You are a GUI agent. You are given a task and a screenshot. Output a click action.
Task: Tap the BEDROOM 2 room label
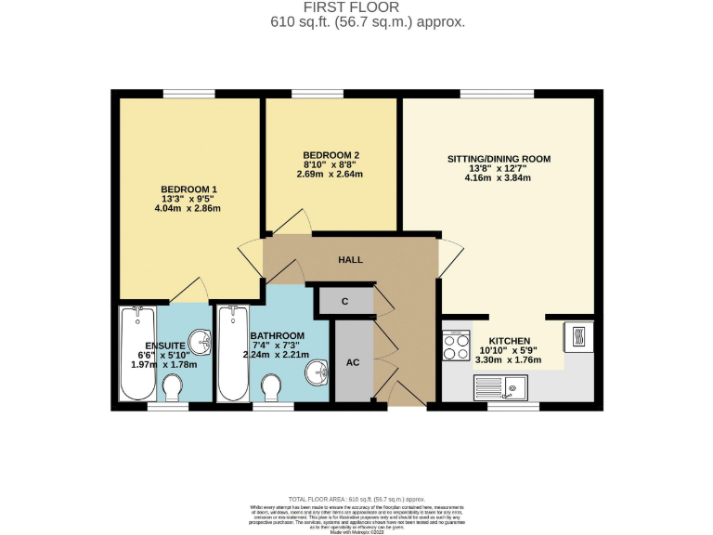pos(331,155)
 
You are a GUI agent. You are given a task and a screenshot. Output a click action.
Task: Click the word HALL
pos(350,260)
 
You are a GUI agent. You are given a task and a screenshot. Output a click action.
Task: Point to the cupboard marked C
pos(344,301)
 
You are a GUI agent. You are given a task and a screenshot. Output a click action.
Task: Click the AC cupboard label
pos(352,361)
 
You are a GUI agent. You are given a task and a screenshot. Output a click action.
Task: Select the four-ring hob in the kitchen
pos(457,346)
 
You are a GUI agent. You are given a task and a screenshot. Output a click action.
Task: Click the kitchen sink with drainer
pos(501,385)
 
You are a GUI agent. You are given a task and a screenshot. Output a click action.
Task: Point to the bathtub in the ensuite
pos(137,354)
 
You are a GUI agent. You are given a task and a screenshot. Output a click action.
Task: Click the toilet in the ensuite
pos(173,385)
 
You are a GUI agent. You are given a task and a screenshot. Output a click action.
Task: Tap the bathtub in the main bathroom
pos(232,354)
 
